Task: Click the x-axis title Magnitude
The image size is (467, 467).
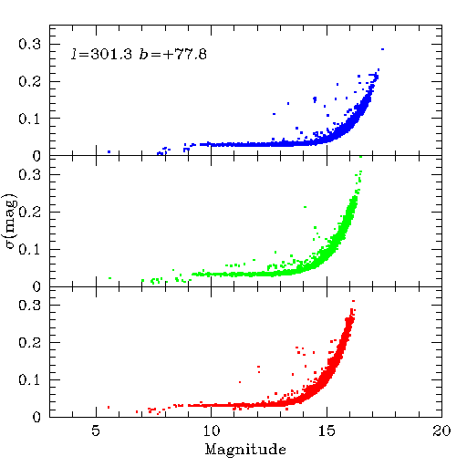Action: point(245,449)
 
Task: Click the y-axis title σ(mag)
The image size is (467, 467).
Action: point(11,222)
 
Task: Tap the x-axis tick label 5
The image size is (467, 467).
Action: point(96,431)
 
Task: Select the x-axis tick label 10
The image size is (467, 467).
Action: point(212,431)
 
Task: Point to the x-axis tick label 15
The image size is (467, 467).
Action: point(327,431)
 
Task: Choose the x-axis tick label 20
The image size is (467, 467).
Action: point(441,431)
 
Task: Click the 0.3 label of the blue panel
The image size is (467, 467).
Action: point(29,45)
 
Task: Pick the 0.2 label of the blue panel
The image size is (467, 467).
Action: point(29,81)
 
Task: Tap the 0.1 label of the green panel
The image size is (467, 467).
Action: point(29,249)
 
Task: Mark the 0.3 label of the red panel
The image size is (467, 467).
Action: point(29,305)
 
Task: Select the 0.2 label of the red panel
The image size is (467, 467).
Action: point(29,342)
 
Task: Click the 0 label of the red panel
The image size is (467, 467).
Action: point(36,417)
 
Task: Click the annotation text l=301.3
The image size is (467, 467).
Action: point(101,55)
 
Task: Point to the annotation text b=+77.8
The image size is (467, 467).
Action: point(173,55)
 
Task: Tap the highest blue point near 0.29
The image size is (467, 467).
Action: point(382,49)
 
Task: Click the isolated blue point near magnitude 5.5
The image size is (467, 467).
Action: point(109,151)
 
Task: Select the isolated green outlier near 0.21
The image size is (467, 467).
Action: point(305,207)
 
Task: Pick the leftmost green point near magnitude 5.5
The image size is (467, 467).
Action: point(109,278)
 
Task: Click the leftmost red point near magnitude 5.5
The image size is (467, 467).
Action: point(109,407)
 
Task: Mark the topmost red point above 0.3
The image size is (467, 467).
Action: point(353,301)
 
